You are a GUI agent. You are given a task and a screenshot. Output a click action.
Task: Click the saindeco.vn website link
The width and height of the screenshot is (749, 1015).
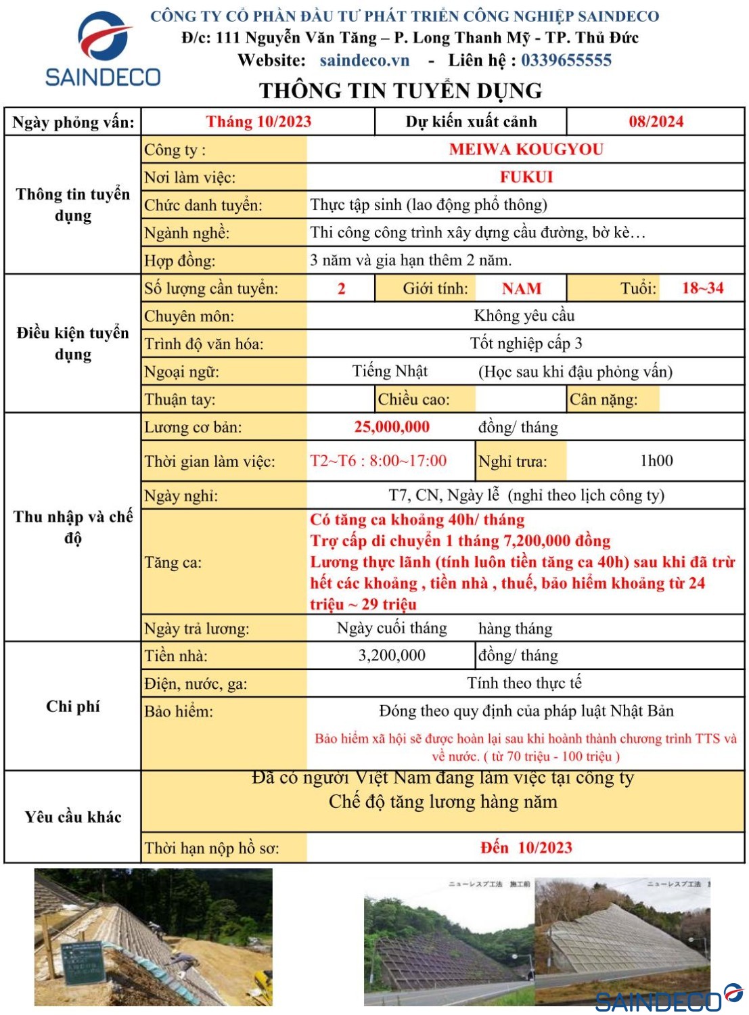tap(364, 60)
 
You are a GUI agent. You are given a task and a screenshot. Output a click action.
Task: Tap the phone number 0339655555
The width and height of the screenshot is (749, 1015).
tap(566, 60)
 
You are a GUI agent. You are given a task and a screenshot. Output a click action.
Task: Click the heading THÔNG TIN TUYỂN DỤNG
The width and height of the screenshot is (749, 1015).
tap(400, 91)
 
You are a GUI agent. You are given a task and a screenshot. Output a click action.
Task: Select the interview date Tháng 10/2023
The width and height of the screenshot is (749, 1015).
tap(258, 122)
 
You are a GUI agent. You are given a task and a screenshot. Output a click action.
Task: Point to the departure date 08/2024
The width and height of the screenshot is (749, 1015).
tap(656, 122)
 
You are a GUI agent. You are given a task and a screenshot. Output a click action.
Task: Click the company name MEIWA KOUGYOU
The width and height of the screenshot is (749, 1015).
tap(526, 150)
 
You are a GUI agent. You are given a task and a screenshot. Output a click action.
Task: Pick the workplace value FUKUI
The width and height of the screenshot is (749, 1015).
tap(526, 177)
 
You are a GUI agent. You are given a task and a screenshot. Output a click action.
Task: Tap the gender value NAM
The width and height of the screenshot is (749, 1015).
tap(521, 289)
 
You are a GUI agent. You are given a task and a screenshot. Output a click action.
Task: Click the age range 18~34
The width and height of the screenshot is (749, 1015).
tap(702, 288)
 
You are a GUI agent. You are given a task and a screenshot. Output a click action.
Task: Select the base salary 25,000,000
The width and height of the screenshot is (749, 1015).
tap(392, 427)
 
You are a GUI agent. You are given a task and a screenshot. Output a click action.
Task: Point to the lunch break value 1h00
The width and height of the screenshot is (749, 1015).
tap(656, 461)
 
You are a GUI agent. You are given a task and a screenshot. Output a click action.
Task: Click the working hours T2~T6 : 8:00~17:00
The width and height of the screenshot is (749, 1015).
tap(378, 461)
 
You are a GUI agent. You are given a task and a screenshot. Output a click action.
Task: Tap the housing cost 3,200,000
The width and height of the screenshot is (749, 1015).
tap(392, 655)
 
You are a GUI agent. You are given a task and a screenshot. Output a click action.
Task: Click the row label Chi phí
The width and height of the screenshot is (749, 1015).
tap(72, 706)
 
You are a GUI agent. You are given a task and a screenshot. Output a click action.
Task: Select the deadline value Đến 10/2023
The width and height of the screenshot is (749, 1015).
tap(526, 848)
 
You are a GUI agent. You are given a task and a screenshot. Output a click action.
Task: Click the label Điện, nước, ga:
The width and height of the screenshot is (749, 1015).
tap(196, 684)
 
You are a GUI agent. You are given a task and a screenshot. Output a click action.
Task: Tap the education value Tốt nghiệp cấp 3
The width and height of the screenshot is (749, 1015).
tap(526, 344)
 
